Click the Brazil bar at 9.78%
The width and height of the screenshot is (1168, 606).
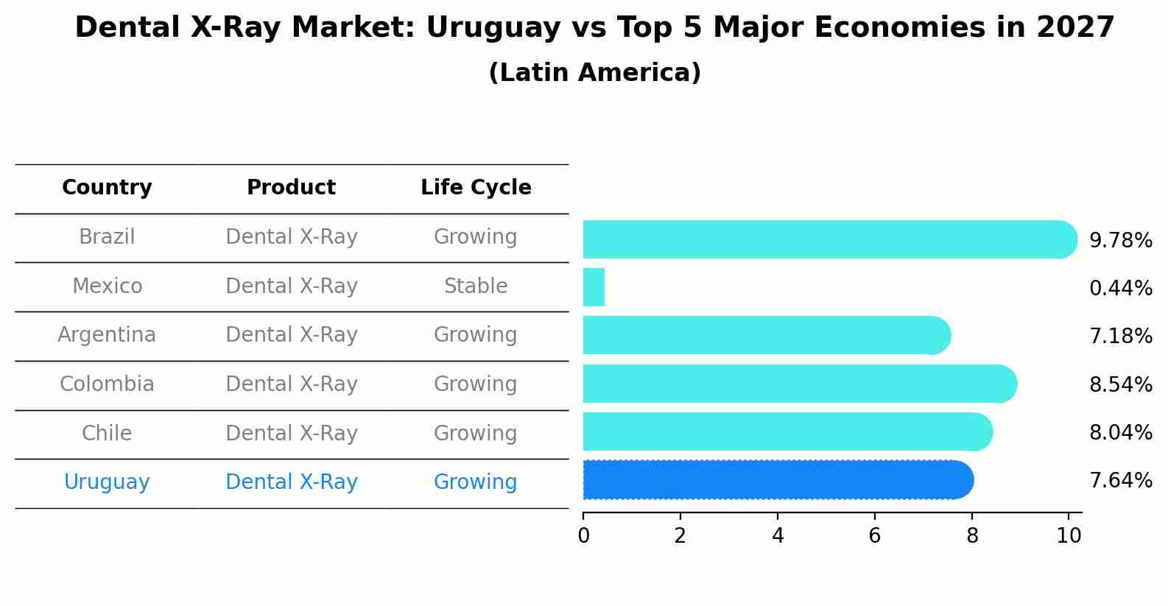coord(828,239)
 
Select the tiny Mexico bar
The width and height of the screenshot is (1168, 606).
coord(594,287)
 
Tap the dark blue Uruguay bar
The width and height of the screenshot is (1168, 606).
coord(777,480)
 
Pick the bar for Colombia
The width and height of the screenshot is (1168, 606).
coord(799,384)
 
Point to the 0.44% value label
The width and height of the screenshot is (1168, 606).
coord(1120,288)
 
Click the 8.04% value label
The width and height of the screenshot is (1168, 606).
coord(1120,432)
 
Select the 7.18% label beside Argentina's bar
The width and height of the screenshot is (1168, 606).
coord(1120,337)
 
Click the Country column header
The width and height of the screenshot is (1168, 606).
coord(107,188)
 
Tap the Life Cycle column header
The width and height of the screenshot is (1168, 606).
coord(476,188)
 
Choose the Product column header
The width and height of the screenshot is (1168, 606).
coord(291,188)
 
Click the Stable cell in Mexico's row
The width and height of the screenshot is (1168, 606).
coord(476,286)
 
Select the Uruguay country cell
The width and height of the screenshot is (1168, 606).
coord(107,482)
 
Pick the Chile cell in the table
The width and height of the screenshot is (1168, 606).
coord(107,433)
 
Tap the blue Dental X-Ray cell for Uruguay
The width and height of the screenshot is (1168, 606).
coord(291,482)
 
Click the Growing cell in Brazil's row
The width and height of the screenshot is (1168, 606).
coord(476,237)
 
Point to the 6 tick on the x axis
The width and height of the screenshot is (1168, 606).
coord(875,535)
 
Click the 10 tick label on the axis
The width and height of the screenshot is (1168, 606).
coord(1069,535)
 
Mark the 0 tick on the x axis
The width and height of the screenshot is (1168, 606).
coord(583,535)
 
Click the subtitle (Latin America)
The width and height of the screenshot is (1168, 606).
coord(594,73)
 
